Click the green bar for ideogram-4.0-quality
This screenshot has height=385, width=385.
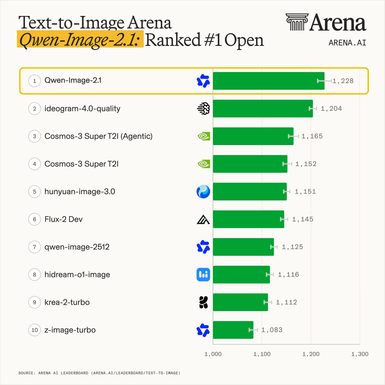pos(263,108)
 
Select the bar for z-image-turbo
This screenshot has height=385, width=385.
pos(233,330)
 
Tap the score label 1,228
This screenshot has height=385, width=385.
pos(343,81)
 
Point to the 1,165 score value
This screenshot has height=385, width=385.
pos(312,136)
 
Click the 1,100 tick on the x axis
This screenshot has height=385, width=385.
pos(262,354)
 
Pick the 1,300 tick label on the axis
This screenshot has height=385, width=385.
pos(360,354)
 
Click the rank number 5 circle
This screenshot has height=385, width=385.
pos(35,192)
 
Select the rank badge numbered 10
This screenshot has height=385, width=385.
pos(35,330)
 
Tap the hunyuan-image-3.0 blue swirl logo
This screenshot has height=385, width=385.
pos(203,192)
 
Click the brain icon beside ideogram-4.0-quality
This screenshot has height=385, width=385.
pos(203,108)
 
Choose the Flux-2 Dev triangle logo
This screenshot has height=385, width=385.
pos(203,219)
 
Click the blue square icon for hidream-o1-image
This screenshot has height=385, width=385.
pos(203,275)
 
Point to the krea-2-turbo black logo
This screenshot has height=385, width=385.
pos(204,302)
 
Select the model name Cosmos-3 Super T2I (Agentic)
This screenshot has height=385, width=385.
pos(98,136)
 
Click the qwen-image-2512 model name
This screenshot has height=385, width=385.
pos(77,247)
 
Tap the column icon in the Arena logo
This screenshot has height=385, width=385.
pos(297,22)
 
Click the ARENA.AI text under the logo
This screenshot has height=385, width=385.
pos(347,43)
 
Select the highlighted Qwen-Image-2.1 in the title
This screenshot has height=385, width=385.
pos(80,39)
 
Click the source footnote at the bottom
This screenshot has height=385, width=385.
pos(99,373)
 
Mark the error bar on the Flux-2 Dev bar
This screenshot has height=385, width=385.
pos(284,219)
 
